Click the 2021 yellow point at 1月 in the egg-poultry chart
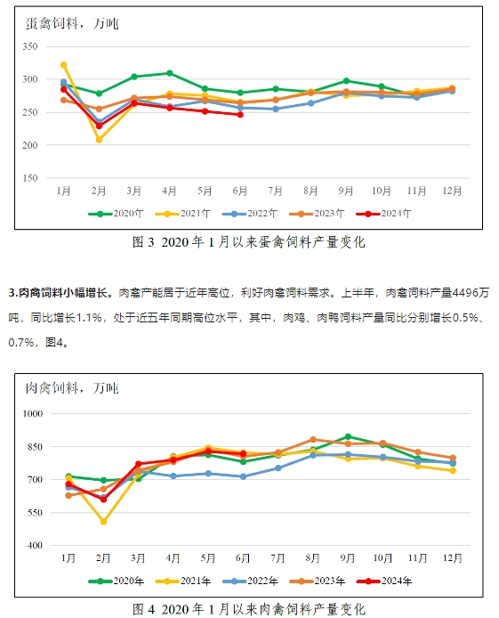[x=64, y=65]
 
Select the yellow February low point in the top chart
[x=99, y=140]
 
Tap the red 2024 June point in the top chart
[x=240, y=115]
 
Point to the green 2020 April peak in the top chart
[x=170, y=73]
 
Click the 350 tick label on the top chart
[x=30, y=46]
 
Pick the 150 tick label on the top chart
[x=30, y=178]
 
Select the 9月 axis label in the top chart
[x=346, y=191]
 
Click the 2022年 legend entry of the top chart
[x=250, y=214]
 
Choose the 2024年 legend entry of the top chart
[x=384, y=214]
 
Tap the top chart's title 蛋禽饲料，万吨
[x=72, y=24]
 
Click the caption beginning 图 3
[x=249, y=242]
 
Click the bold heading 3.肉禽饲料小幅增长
[x=58, y=293]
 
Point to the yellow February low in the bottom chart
[x=103, y=522]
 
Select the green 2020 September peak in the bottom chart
[x=348, y=436]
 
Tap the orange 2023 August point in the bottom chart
[x=313, y=440]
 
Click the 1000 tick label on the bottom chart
[x=33, y=414]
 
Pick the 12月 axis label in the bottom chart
[x=453, y=558]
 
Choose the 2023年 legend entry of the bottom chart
[x=318, y=581]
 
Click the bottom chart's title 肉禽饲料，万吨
[x=72, y=388]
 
